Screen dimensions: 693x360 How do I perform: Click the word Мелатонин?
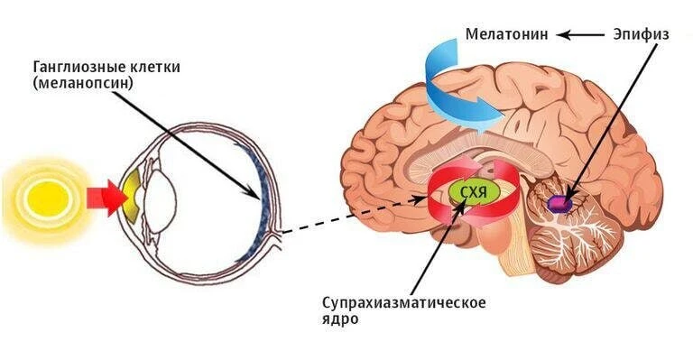coord(506,34)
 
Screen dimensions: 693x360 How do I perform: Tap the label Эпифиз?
coord(641,34)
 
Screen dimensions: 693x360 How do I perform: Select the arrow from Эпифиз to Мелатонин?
coord(580,34)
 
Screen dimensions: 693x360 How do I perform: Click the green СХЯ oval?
coord(475,192)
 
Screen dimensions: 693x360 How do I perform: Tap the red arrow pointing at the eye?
coord(106,198)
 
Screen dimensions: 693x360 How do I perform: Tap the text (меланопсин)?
coord(83,84)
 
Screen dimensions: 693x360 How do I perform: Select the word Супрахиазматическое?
coord(404,303)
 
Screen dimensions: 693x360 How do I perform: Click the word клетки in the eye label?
coord(156,68)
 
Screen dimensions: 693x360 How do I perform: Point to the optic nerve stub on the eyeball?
coord(278,235)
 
